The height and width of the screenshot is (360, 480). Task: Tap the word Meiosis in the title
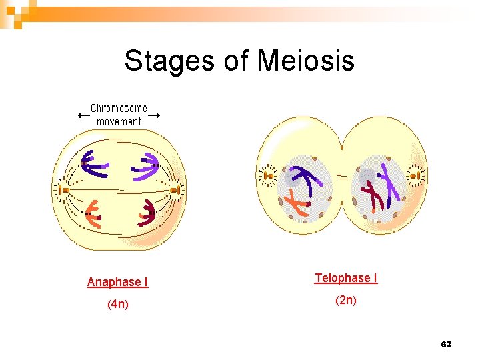tap(305, 61)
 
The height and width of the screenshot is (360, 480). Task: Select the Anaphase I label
tap(118, 282)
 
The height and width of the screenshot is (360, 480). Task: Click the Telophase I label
tap(346, 277)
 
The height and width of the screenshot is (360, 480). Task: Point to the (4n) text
tap(118, 305)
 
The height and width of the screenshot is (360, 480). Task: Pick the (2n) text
tap(345, 300)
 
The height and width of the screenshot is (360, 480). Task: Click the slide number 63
tap(446, 344)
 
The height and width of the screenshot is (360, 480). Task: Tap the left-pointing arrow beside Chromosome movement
tap(83, 115)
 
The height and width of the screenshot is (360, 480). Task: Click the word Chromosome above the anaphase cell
tap(119, 109)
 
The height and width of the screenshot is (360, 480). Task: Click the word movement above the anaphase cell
tap(119, 121)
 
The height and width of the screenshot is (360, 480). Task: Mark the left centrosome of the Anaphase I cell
tap(64, 190)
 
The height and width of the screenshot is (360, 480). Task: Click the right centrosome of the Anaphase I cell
tap(175, 190)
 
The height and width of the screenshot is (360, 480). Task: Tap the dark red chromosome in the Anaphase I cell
tap(147, 213)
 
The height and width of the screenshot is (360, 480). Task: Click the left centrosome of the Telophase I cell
tap(268, 176)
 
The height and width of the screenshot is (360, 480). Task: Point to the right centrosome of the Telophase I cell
tap(415, 176)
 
